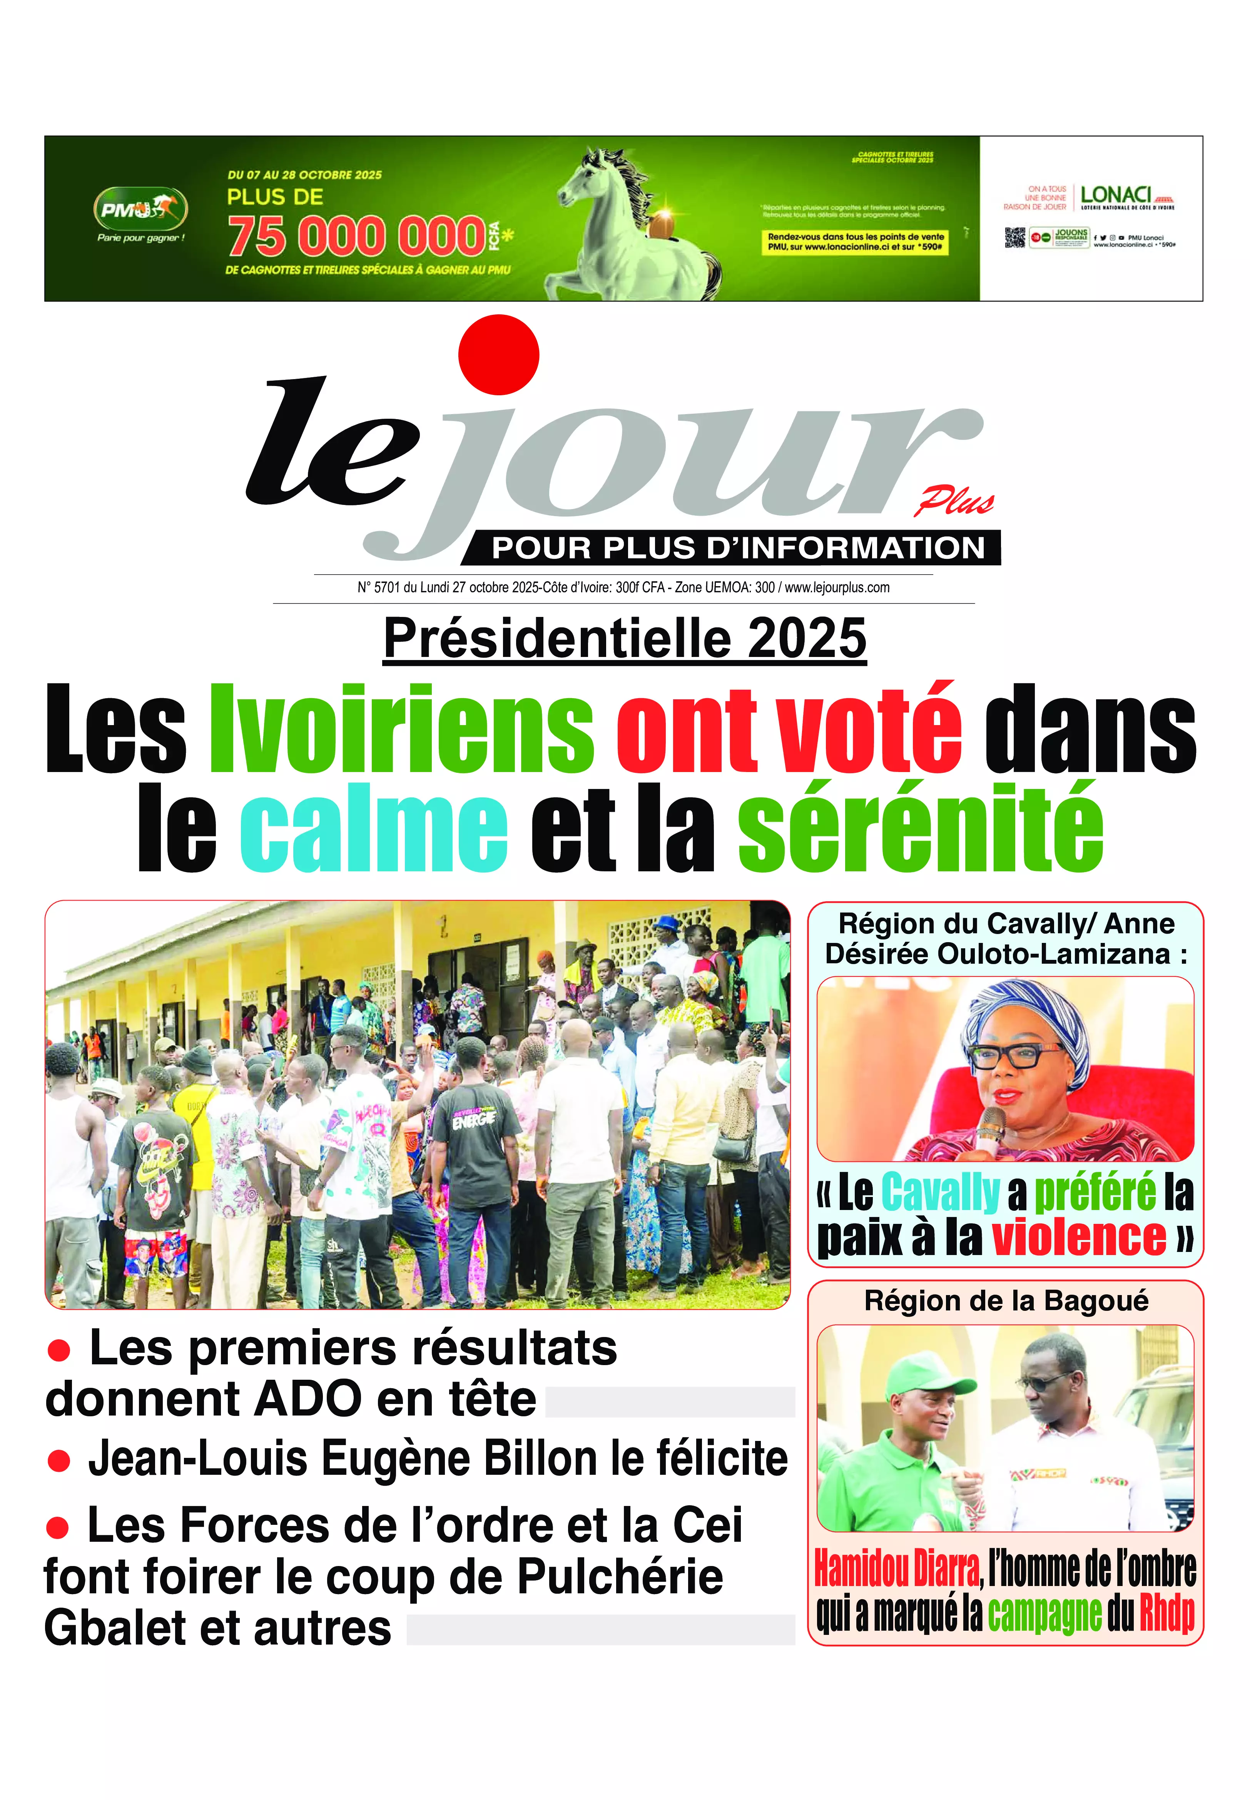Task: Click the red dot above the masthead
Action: [x=498, y=354]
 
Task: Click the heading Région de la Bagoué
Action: [x=1006, y=1301]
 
